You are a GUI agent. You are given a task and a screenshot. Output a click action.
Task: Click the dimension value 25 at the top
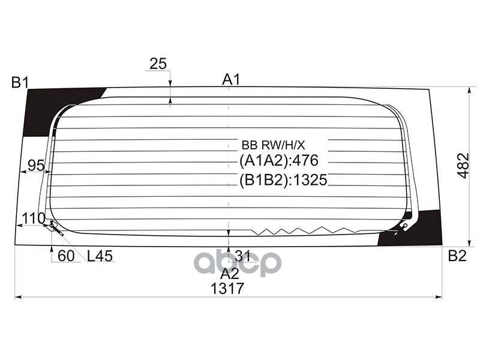click(158, 64)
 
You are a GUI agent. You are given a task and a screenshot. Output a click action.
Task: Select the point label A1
click(231, 79)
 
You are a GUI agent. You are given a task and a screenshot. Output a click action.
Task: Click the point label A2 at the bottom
click(230, 274)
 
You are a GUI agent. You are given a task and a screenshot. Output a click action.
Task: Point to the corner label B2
click(457, 256)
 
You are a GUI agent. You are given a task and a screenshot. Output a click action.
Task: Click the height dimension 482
click(463, 164)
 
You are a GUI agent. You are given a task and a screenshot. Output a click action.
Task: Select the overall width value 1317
click(227, 289)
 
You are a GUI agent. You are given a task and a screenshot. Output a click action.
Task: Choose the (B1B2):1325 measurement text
click(283, 179)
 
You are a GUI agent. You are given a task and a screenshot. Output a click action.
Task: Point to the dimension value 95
click(37, 166)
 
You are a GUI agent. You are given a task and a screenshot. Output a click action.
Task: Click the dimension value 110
click(33, 218)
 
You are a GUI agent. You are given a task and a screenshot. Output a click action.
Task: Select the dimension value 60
click(66, 256)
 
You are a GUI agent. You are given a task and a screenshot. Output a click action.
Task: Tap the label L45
click(100, 256)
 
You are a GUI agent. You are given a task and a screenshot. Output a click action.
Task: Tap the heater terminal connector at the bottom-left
click(55, 226)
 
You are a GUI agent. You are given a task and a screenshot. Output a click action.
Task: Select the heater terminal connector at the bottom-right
click(403, 226)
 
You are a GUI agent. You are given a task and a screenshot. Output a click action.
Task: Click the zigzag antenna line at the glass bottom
click(300, 230)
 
